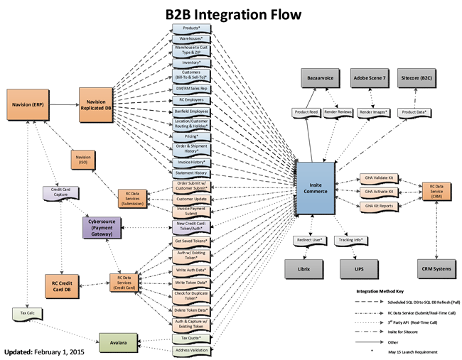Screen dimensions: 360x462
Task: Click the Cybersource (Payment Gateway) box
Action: coord(104,228)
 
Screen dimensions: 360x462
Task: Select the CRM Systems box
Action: coord(436,268)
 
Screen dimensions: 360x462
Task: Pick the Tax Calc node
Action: coord(26,313)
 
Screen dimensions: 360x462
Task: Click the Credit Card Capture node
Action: coord(60,192)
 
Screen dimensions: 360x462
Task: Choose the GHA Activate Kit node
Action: coord(378,192)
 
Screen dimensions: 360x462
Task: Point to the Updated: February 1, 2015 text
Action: coord(43,351)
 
